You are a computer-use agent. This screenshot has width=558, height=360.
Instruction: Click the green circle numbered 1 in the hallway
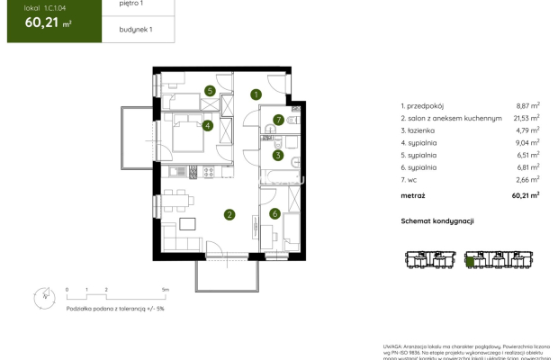(x=256, y=94)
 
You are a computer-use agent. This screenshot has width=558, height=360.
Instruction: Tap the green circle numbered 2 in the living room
(x=230, y=214)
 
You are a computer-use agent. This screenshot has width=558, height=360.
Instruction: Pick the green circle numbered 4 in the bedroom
(x=208, y=126)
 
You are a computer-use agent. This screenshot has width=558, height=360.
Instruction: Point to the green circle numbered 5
(x=209, y=90)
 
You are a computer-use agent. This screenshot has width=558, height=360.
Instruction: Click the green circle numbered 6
(x=274, y=213)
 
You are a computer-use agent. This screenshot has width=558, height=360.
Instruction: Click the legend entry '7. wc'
(x=411, y=179)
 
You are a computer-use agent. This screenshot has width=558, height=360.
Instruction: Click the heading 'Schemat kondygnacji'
(x=437, y=221)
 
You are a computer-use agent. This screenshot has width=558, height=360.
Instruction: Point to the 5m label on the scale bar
(x=166, y=290)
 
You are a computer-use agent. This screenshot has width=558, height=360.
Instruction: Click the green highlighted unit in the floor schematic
(x=469, y=263)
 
